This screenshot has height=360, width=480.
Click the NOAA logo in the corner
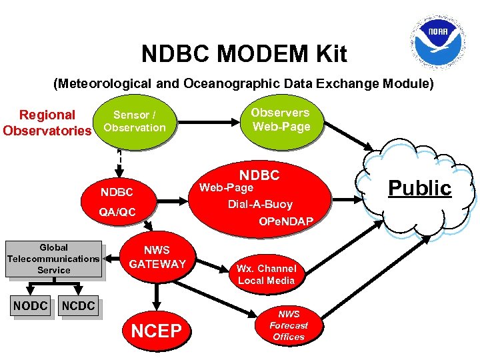(438, 37)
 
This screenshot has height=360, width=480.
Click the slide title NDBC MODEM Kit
(244, 54)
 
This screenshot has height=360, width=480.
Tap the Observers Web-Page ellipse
(281, 120)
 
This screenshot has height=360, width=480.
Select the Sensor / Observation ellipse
(135, 121)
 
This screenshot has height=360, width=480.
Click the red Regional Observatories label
(47, 122)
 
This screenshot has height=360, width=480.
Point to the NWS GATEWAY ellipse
(157, 257)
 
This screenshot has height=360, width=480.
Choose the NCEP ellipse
(157, 330)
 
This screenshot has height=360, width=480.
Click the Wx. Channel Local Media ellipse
(266, 274)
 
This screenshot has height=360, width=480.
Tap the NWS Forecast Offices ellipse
(288, 325)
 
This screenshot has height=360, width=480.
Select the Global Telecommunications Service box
(53, 259)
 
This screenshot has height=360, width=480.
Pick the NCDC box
(79, 306)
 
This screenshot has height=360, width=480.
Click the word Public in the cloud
(420, 188)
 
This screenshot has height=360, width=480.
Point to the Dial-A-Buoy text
(260, 204)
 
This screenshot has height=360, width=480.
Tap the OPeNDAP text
(286, 221)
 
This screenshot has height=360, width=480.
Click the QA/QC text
(117, 212)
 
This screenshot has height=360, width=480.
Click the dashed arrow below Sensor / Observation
(119, 158)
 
